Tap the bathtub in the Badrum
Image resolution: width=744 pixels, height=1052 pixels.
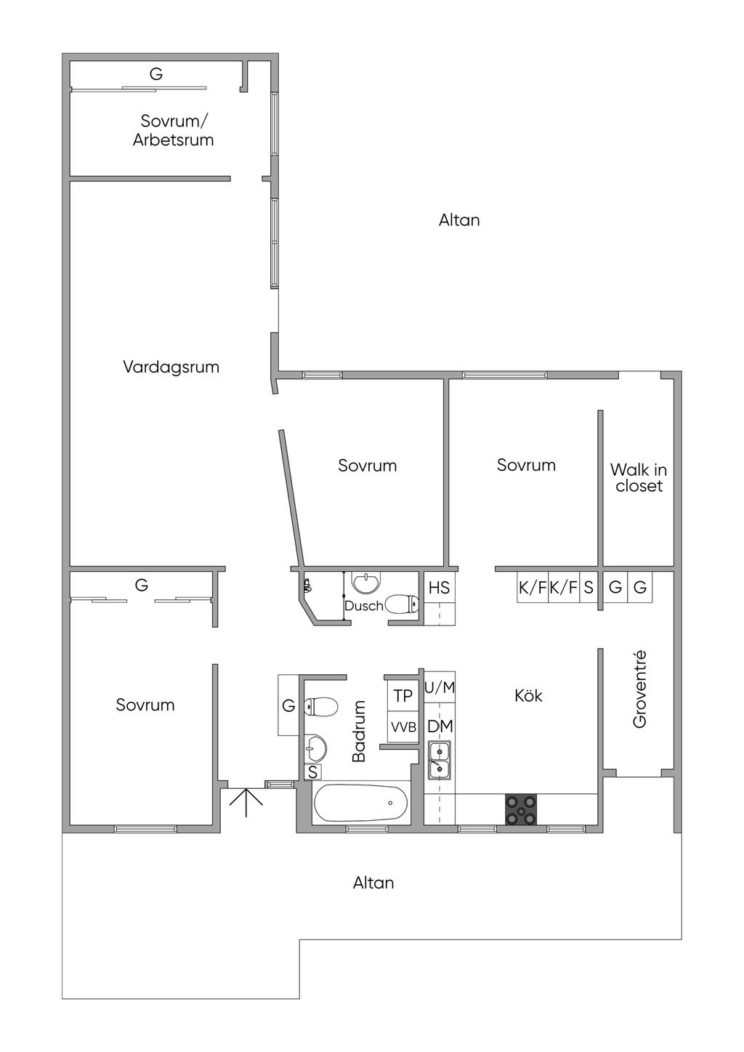click(361, 804)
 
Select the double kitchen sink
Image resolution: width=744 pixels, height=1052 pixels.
click(439, 759)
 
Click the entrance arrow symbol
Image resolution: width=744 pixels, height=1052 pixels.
click(246, 801)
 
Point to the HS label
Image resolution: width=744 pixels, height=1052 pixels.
click(439, 588)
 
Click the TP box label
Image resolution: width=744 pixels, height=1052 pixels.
click(403, 696)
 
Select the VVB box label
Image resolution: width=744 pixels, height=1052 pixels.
click(403, 727)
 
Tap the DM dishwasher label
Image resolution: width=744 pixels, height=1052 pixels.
click(440, 727)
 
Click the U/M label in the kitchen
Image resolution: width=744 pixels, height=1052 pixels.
click(440, 687)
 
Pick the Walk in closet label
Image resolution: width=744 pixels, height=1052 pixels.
click(639, 478)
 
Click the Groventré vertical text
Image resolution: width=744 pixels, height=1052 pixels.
click(639, 689)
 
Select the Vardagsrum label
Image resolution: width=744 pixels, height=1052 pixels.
click(171, 367)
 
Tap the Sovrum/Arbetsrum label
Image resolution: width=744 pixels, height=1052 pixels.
click(174, 131)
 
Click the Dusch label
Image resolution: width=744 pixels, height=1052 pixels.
click(363, 606)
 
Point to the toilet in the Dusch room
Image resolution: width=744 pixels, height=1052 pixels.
click(402, 604)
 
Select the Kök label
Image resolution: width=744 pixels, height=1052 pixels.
click(528, 696)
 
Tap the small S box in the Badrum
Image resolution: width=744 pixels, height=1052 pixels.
click(312, 772)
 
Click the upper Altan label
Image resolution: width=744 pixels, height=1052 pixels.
click(459, 220)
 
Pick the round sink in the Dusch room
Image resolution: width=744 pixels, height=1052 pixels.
click(365, 582)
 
